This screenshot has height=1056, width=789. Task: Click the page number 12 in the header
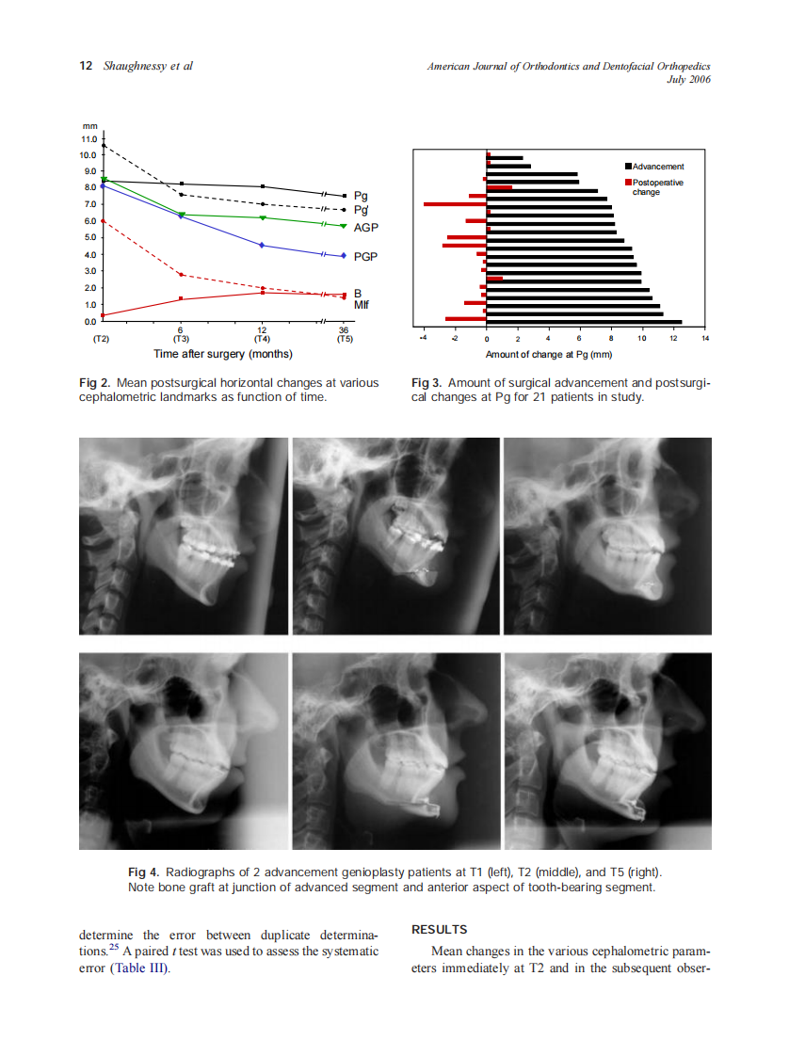pos(86,66)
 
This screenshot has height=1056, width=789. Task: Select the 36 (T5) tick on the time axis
pos(344,333)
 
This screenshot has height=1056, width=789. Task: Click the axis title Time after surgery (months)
pos(223,355)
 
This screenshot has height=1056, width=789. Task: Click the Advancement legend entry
pos(658,167)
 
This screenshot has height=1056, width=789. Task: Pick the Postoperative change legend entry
pos(658,186)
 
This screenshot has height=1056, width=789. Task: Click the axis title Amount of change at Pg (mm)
pos(549,355)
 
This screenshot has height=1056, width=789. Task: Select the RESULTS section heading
pos(440,930)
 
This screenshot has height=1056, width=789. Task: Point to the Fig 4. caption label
pos(143,872)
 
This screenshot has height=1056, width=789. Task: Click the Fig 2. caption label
pos(94,383)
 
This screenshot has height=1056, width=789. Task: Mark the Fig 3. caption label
pos(427,383)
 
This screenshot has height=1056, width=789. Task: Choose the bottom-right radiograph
pos(608,751)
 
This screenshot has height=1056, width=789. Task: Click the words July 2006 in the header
pos(688,79)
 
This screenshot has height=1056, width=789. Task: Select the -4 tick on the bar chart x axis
pos(423,339)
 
